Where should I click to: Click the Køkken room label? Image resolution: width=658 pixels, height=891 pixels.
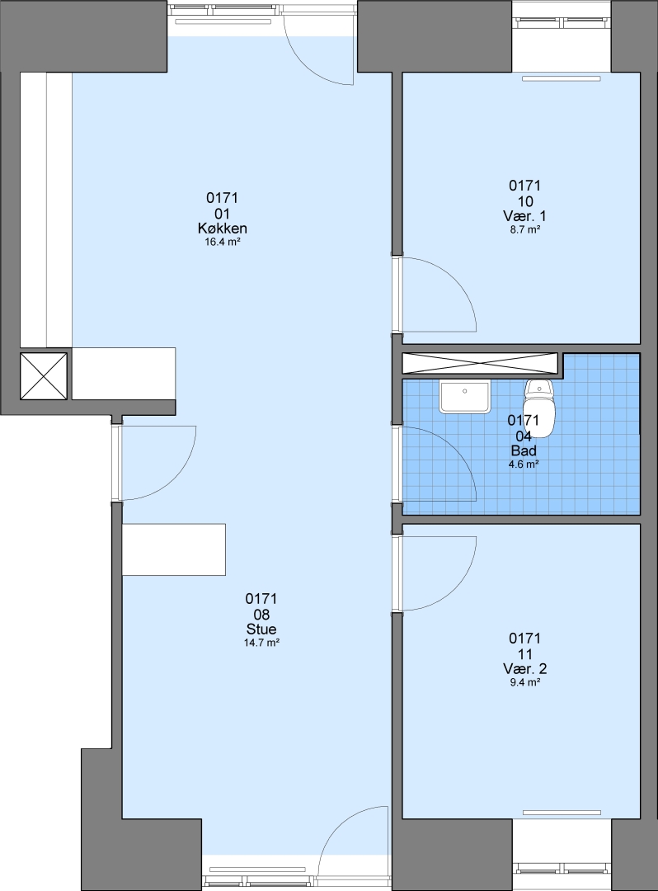point(222,229)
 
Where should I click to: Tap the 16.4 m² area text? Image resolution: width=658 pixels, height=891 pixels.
point(222,242)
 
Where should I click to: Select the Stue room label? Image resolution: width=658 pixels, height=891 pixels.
point(261,629)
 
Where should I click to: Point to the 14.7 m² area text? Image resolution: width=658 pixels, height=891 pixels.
point(261,643)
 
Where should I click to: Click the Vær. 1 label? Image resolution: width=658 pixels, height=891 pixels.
point(524,216)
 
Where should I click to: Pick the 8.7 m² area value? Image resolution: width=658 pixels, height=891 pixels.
point(524,229)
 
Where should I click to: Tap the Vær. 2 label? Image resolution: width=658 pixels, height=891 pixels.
point(524,668)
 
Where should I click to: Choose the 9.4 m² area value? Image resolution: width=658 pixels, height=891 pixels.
point(524,682)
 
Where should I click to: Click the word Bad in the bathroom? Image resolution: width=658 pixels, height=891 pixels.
point(524,450)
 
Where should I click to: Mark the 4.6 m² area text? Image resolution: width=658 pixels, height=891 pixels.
point(524,464)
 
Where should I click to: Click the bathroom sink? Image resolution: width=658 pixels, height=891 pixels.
point(464,397)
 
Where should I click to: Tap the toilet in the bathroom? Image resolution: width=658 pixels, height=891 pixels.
point(538,408)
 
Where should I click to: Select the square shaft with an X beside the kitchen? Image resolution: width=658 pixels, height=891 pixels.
point(44,375)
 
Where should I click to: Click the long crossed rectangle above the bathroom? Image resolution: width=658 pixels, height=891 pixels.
point(480,364)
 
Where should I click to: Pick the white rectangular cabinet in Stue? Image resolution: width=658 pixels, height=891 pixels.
point(174,549)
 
